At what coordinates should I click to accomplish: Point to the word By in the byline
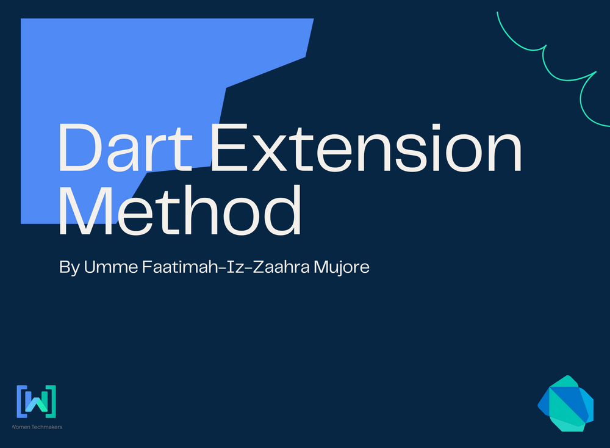tap(69, 267)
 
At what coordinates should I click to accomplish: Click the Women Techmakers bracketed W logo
tap(37, 400)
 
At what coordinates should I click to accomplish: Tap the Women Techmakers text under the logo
tap(37, 427)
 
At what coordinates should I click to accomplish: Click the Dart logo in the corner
tap(565, 403)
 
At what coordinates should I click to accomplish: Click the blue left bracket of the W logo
tap(20, 400)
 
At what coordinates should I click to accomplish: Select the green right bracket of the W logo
tap(52, 400)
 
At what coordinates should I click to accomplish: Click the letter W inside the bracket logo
tap(37, 403)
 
